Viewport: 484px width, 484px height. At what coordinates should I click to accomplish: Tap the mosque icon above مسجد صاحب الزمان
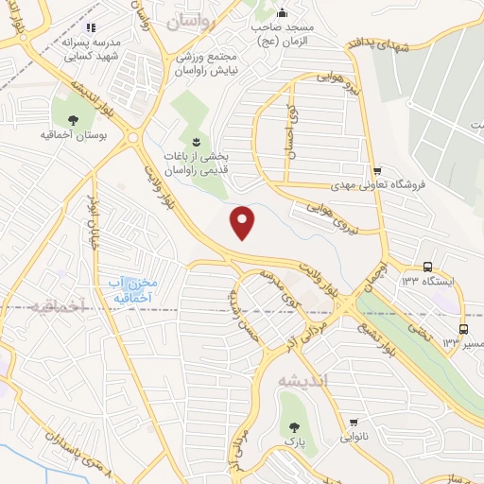click(282, 13)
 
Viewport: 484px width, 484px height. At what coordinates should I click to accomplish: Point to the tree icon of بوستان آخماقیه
click(73, 119)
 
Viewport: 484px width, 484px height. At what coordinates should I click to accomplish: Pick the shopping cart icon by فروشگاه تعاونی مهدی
click(377, 171)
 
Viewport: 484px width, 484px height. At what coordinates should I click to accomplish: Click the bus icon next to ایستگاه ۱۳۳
click(428, 267)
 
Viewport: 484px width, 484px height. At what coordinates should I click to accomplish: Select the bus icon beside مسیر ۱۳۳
click(462, 329)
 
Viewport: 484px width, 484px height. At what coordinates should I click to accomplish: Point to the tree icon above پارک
click(293, 426)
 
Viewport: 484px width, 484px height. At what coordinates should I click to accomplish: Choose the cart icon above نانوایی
click(354, 422)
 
